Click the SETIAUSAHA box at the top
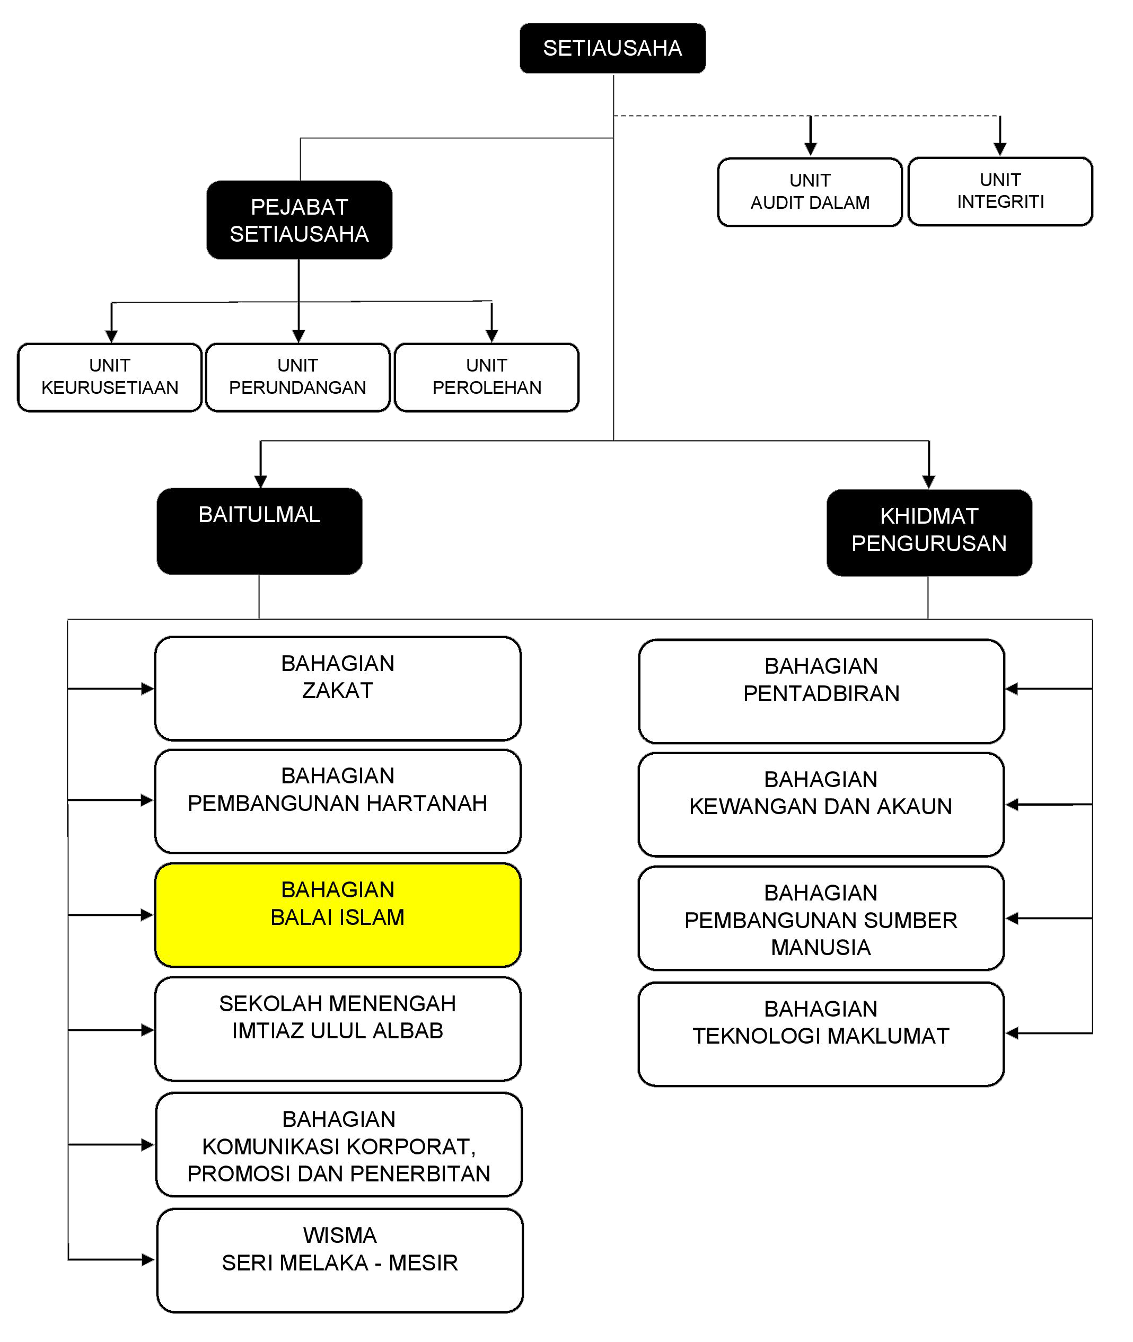click(612, 48)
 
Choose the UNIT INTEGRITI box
click(1000, 191)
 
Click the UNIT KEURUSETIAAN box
click(110, 377)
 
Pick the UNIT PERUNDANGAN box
click(297, 377)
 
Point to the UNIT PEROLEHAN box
click(486, 377)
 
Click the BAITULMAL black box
click(259, 531)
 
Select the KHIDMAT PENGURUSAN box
click(929, 532)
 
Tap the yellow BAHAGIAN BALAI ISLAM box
click(338, 914)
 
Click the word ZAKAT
click(337, 690)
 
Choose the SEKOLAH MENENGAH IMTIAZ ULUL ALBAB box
click(338, 1029)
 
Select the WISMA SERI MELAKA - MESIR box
click(340, 1260)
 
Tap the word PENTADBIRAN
click(821, 693)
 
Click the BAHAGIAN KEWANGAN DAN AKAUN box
click(821, 805)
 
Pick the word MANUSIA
click(820, 947)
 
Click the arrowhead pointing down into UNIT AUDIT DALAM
click(811, 149)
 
